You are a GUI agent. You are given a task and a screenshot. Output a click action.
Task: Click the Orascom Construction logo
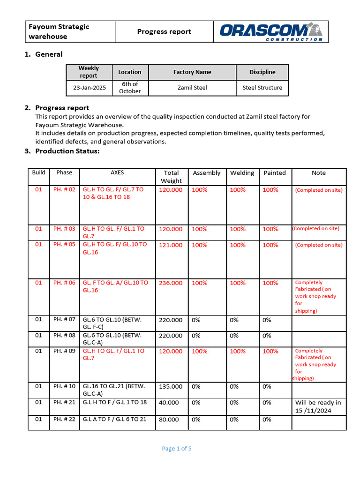pyautogui.click(x=271, y=32)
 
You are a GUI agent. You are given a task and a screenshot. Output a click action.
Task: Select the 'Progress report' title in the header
pyautogui.click(x=164, y=32)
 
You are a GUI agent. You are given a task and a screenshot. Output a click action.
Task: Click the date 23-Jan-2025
pyautogui.click(x=89, y=88)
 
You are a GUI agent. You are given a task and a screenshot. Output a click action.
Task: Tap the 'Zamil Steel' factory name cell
pyautogui.click(x=192, y=88)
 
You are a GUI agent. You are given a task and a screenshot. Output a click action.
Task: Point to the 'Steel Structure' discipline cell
pyautogui.click(x=262, y=88)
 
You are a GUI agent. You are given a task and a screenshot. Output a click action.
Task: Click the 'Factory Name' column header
pyautogui.click(x=192, y=72)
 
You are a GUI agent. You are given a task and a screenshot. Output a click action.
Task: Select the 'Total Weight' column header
pyautogui.click(x=171, y=177)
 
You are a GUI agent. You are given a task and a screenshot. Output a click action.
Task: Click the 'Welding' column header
pyautogui.click(x=242, y=173)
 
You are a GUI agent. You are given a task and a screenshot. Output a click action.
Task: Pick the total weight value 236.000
pyautogui.click(x=171, y=283)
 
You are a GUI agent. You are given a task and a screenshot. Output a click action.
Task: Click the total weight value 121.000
pyautogui.click(x=171, y=245)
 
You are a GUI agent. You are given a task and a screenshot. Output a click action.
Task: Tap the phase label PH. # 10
pyautogui.click(x=64, y=386)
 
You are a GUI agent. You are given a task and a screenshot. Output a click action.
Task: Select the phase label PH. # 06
pyautogui.click(x=64, y=283)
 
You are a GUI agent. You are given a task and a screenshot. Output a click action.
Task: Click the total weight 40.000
pyautogui.click(x=169, y=403)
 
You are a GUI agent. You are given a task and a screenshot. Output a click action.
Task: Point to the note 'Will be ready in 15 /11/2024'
pyautogui.click(x=318, y=406)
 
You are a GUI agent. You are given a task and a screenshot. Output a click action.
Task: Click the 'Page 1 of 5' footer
pyautogui.click(x=177, y=449)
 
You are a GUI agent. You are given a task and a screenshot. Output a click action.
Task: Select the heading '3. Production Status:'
pyautogui.click(x=67, y=151)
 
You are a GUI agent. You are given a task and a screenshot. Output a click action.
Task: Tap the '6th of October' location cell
pyautogui.click(x=130, y=88)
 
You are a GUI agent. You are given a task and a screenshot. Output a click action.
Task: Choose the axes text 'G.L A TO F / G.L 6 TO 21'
pyautogui.click(x=114, y=419)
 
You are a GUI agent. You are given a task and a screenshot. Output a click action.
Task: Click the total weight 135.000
pyautogui.click(x=171, y=387)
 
